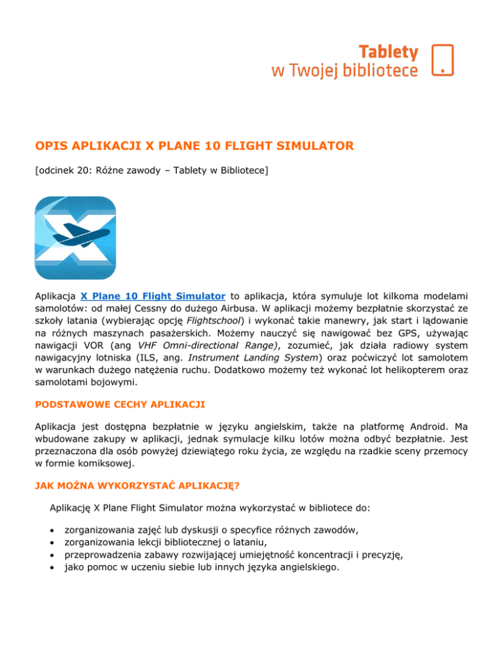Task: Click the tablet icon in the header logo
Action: point(443,60)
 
